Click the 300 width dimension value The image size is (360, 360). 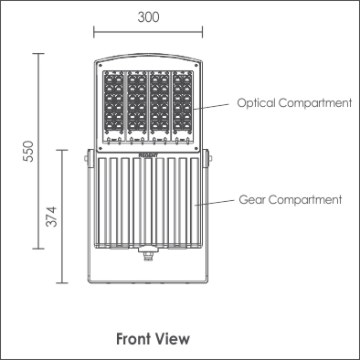pyautogui.click(x=148, y=17)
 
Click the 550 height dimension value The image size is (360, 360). pyautogui.click(x=28, y=152)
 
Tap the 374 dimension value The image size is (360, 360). pyautogui.click(x=51, y=217)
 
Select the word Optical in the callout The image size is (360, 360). pyautogui.click(x=256, y=103)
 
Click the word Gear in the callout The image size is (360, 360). pyautogui.click(x=251, y=200)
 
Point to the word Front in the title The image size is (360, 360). pyautogui.click(x=133, y=339)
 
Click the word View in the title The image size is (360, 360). pyautogui.click(x=172, y=339)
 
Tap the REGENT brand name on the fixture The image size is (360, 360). pyautogui.click(x=148, y=155)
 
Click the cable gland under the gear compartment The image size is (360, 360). pyautogui.click(x=148, y=253)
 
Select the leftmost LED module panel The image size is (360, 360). pyautogui.click(x=113, y=106)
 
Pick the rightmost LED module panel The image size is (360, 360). pyautogui.click(x=183, y=106)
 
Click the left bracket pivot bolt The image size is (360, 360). pyautogui.click(x=87, y=158)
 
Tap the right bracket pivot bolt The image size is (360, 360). pyautogui.click(x=210, y=157)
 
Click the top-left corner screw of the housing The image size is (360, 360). pyautogui.click(x=100, y=65)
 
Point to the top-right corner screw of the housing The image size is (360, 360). pyautogui.click(x=196, y=65)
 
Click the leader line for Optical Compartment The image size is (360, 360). pyautogui.click(x=211, y=106)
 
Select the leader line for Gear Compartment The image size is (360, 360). pyautogui.click(x=215, y=203)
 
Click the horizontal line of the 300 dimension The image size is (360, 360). pyautogui.click(x=148, y=31)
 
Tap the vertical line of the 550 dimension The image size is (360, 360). pyautogui.click(x=38, y=151)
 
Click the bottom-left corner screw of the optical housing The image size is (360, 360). pyautogui.click(x=100, y=148)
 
